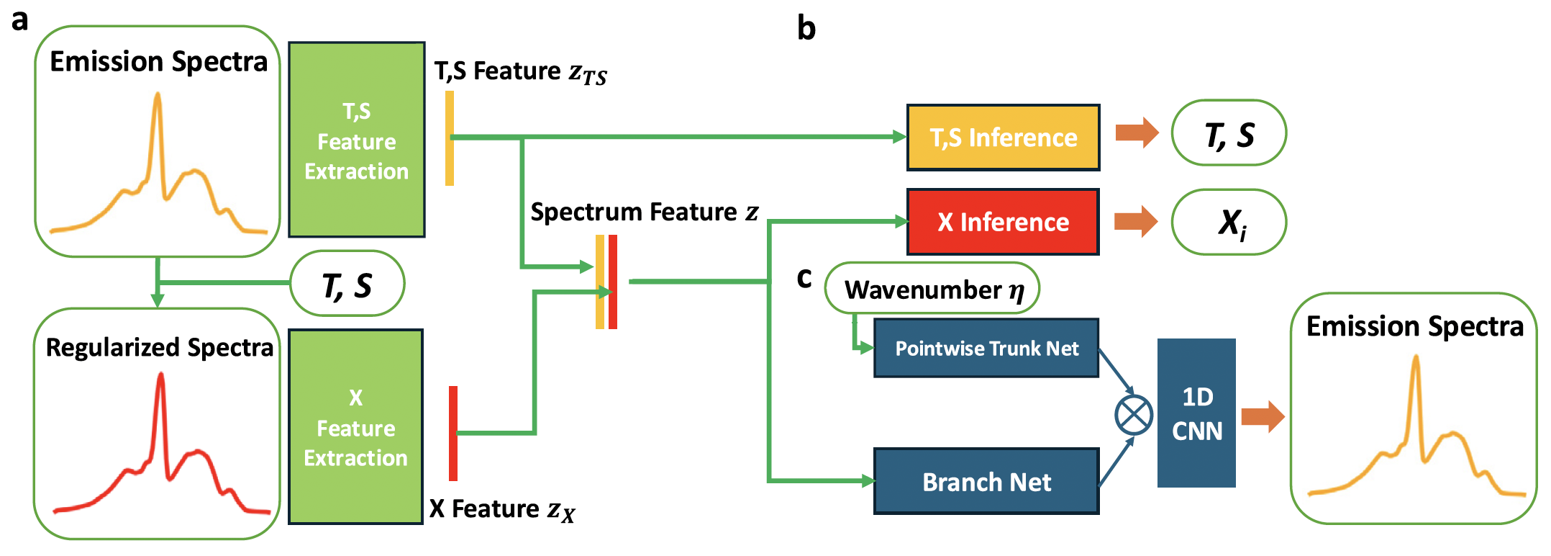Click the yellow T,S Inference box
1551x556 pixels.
pyautogui.click(x=1003, y=138)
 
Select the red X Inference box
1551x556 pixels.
pyautogui.click(x=1003, y=222)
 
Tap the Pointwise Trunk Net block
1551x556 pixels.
pyautogui.click(x=986, y=349)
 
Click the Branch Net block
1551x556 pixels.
pyautogui.click(x=986, y=481)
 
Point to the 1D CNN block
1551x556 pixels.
pyautogui.click(x=1196, y=413)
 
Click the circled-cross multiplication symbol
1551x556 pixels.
pyautogui.click(x=1134, y=415)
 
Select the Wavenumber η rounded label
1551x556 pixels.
pyautogui.click(x=932, y=289)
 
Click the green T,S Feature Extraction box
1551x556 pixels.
pyautogui.click(x=357, y=140)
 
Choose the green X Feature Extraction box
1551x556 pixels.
pyautogui.click(x=355, y=427)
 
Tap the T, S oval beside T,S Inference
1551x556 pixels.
pyautogui.click(x=1229, y=134)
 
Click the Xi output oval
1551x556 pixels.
pyautogui.click(x=1229, y=222)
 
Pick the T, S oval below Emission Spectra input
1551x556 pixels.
pyautogui.click(x=347, y=284)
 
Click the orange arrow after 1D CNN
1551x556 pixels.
pyautogui.click(x=1263, y=416)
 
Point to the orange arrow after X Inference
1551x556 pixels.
pyautogui.click(x=1136, y=221)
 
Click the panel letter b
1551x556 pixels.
pyautogui.click(x=806, y=29)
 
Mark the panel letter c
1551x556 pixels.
pyautogui.click(x=804, y=278)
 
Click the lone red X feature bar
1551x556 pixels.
pyautogui.click(x=453, y=433)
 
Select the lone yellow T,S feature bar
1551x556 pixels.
pyautogui.click(x=450, y=138)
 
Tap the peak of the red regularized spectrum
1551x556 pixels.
pyautogui.click(x=161, y=376)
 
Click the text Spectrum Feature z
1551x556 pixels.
pyautogui.click(x=644, y=212)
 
